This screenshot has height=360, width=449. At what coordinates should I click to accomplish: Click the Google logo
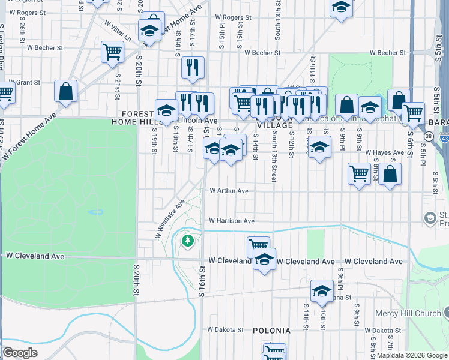[x=20, y=353]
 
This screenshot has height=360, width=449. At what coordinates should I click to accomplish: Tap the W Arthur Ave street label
[x=229, y=191]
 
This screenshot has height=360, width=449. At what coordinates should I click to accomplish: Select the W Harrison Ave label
[x=232, y=221]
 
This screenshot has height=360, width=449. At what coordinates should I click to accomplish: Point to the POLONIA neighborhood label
[x=271, y=331]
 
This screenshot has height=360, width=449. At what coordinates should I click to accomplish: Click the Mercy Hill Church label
[x=408, y=313]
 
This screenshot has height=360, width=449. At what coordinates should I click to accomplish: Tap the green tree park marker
[x=188, y=241]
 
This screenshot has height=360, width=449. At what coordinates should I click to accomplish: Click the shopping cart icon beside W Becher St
[x=112, y=52]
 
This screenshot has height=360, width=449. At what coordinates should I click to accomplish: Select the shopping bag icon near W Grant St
[x=66, y=91]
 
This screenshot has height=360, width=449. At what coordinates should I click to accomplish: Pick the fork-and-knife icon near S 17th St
[x=193, y=67]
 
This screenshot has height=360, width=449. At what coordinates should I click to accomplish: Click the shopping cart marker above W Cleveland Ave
[x=258, y=245]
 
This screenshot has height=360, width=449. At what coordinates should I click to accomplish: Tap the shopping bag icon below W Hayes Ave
[x=390, y=174]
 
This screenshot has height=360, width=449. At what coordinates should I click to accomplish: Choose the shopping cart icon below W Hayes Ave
[x=359, y=173]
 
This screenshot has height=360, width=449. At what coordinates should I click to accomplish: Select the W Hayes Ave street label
[x=384, y=153]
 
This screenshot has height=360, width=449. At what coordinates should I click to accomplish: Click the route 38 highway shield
[x=428, y=136]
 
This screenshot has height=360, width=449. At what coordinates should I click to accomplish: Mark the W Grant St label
[x=20, y=82]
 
